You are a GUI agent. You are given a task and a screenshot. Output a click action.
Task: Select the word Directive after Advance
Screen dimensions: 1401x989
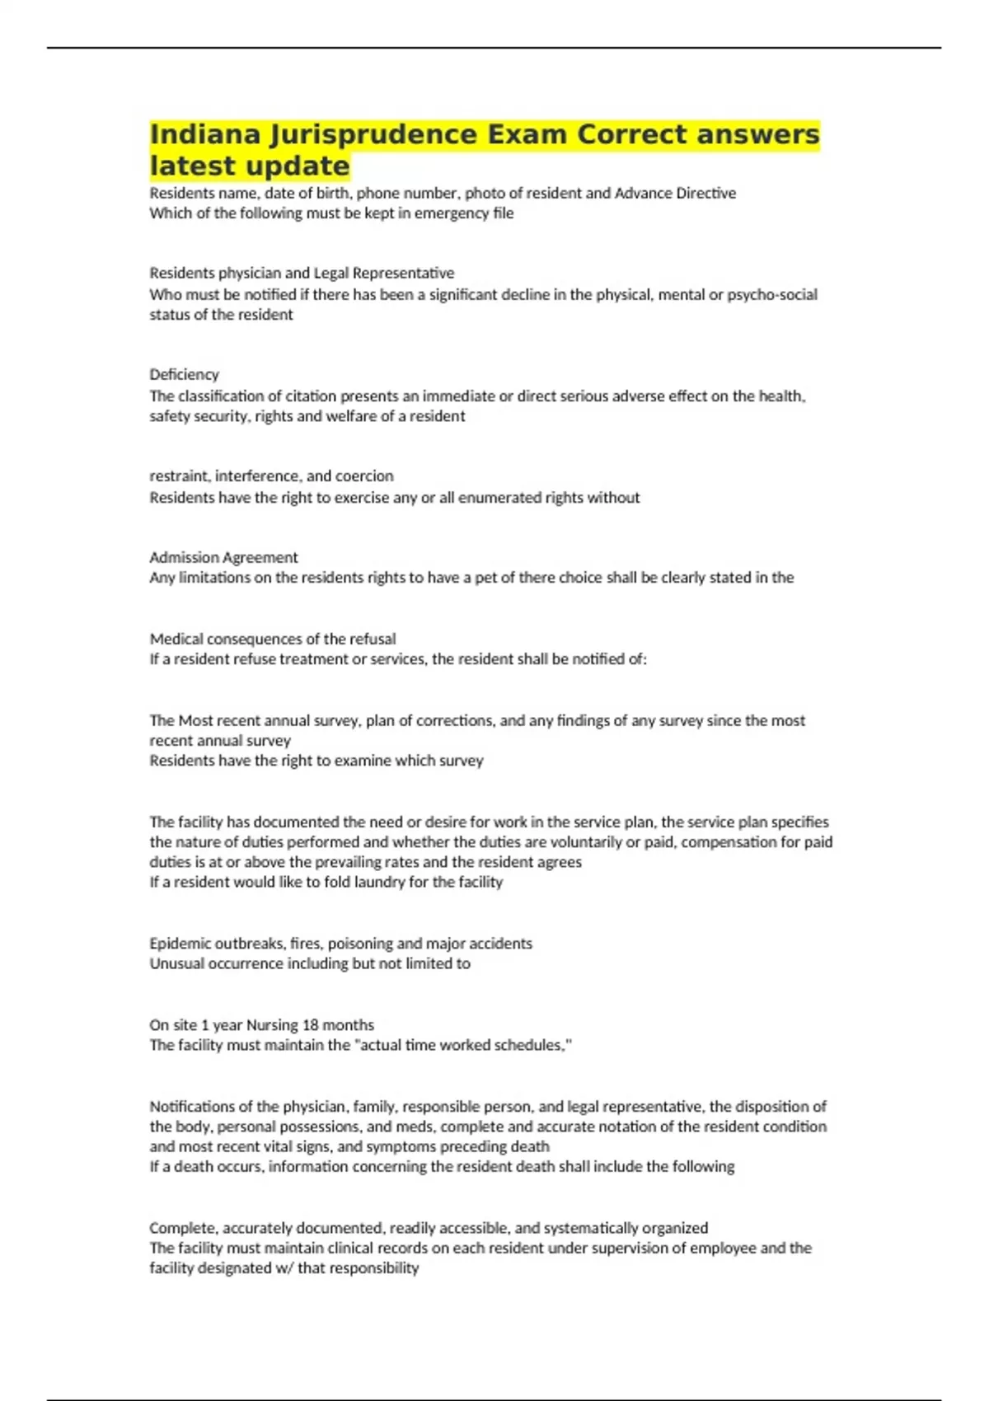[x=705, y=193]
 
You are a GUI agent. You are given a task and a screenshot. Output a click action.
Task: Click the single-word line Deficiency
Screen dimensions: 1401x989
[x=184, y=374]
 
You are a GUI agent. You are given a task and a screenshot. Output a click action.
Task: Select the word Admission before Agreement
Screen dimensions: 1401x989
[x=185, y=557]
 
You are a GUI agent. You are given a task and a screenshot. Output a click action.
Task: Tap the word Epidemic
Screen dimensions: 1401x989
[x=180, y=943]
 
